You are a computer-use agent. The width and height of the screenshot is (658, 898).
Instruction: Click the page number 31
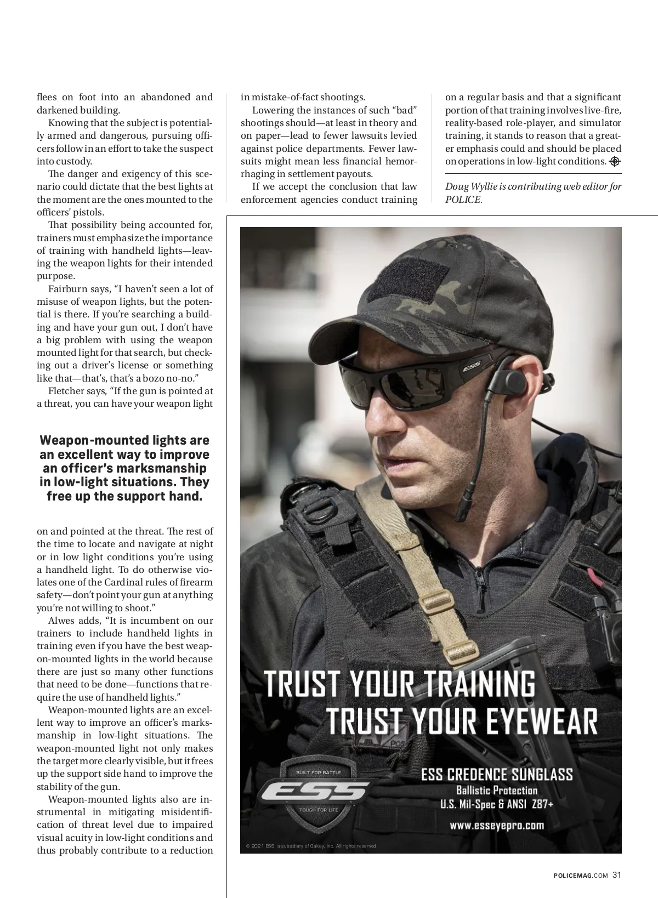[617, 875]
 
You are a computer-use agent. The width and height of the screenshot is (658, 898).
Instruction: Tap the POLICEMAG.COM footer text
[581, 876]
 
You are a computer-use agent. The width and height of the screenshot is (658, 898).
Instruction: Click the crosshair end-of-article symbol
[615, 161]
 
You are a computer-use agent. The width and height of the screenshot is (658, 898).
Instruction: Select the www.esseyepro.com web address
[497, 825]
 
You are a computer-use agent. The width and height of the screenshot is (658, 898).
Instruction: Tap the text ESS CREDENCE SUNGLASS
[497, 774]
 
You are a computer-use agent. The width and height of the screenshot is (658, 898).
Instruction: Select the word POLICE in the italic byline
[463, 200]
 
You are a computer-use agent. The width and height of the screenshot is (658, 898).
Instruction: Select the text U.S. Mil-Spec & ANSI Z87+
[497, 805]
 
